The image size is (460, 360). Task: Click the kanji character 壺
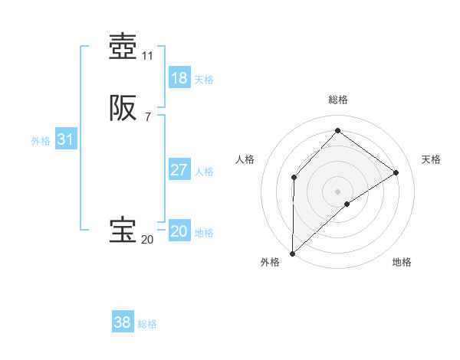[x=123, y=47]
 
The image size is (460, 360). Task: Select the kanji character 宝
[x=123, y=231]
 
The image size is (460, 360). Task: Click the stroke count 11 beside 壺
[x=148, y=56]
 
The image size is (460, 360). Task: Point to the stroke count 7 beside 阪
[x=148, y=117]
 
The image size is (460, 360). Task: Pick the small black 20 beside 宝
[x=148, y=240]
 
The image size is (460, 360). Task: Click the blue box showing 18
[x=179, y=78]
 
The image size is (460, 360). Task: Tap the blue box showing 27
[x=179, y=170]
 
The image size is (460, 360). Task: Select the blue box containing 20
[x=179, y=231]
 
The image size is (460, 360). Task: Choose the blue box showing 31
[x=65, y=139]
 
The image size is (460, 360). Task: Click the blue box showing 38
[x=123, y=322]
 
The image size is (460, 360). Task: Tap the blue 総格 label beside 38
[x=147, y=324]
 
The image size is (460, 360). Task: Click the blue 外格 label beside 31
[x=41, y=141]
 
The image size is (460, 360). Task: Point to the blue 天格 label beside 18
[x=204, y=80]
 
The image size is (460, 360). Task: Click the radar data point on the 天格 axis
[x=396, y=172]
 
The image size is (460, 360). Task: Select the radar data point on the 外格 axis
[x=292, y=253]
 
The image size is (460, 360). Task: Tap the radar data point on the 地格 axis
[x=347, y=204]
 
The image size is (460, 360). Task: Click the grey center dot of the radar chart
[x=337, y=191]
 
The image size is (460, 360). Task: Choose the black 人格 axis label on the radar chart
[x=245, y=159]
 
